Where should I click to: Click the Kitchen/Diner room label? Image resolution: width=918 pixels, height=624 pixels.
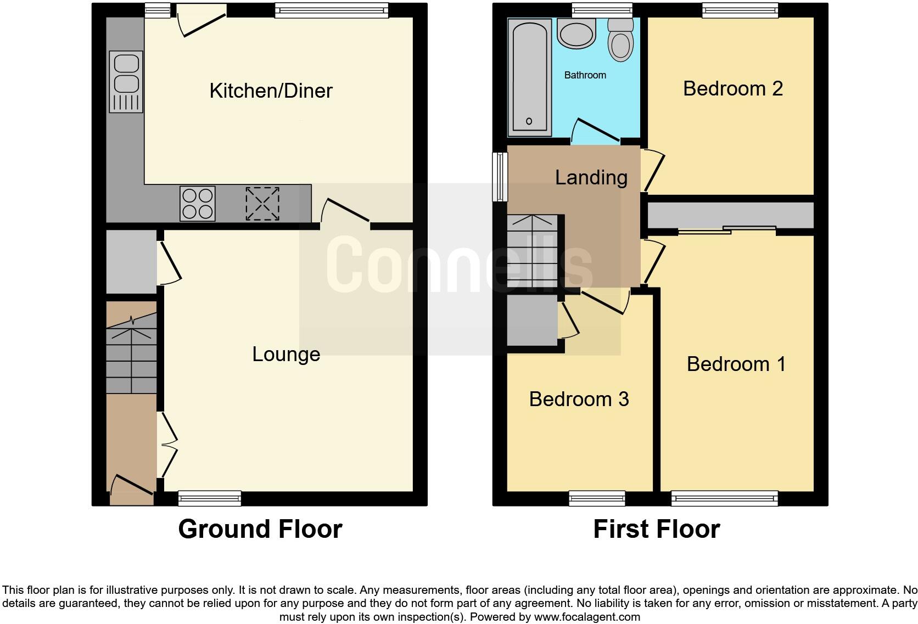point(271,91)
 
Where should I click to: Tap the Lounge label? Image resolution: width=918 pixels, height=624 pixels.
point(286,355)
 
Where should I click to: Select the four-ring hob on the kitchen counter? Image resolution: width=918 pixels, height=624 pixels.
point(198,204)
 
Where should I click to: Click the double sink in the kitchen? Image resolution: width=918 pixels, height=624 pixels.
point(126,81)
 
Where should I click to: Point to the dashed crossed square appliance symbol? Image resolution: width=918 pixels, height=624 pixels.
point(262,204)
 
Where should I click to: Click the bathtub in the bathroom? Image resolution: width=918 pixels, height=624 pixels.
point(529,77)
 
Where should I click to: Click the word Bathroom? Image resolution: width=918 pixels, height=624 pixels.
point(585,75)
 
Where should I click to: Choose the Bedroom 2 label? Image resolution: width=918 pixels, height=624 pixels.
point(732,88)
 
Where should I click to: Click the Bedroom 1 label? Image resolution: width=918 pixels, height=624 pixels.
point(736,364)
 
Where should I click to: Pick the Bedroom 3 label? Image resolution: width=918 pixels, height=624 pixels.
point(579,399)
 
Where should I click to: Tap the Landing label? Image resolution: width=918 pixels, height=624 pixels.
point(591,177)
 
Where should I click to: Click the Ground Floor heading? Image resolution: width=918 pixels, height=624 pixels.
point(260,529)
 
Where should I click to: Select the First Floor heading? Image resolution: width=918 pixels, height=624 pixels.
point(656,529)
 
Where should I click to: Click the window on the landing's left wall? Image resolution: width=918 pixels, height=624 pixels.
point(500,177)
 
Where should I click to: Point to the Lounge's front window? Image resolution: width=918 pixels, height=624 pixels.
point(210,498)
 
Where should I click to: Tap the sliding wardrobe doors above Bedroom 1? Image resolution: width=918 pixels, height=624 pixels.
point(727,231)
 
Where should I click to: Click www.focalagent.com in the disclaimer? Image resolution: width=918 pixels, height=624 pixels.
point(586,617)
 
